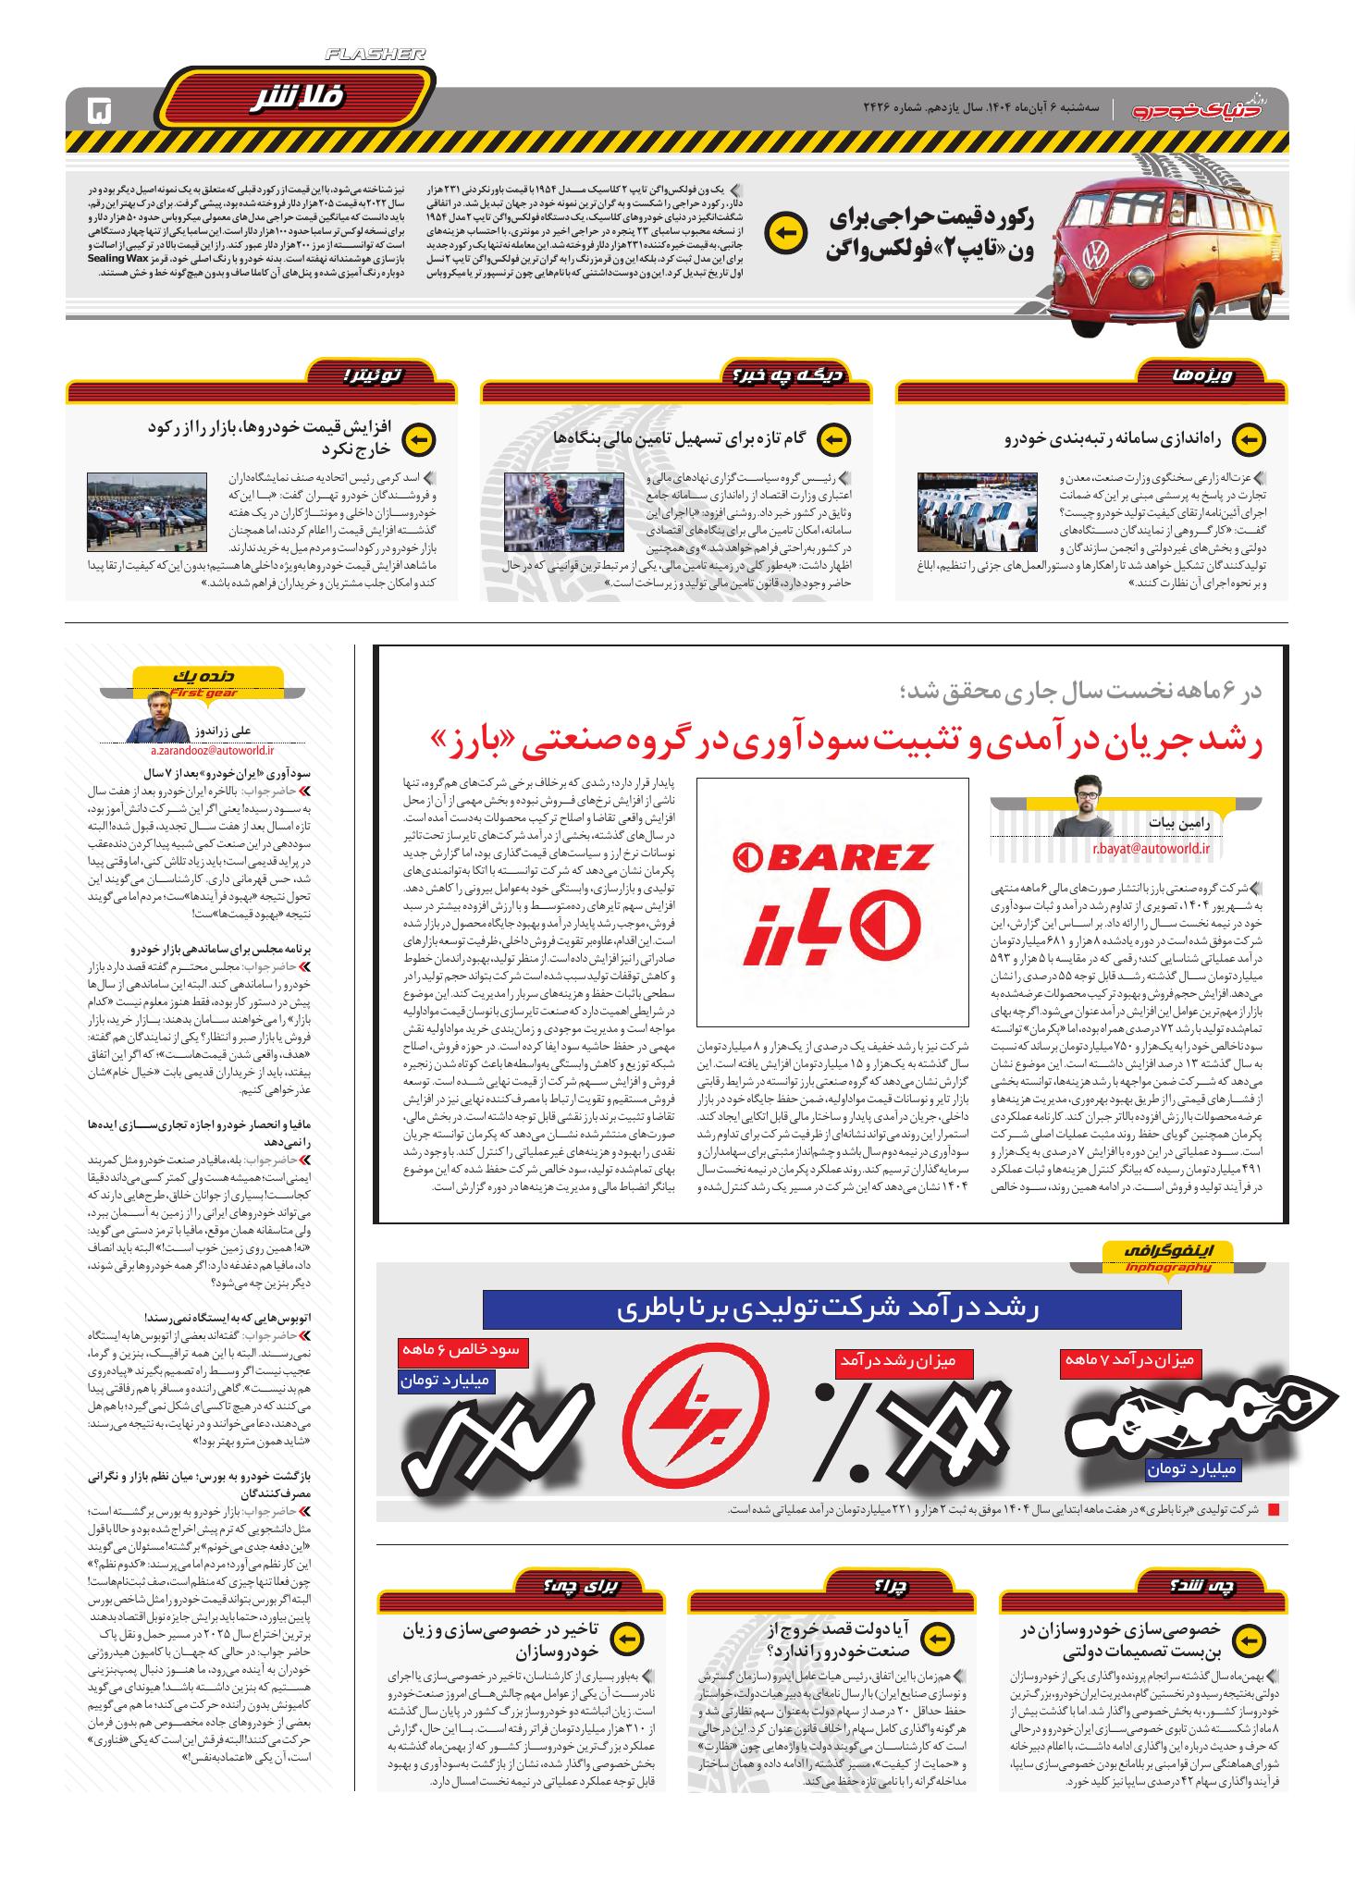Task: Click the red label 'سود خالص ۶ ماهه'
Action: click(460, 1350)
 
